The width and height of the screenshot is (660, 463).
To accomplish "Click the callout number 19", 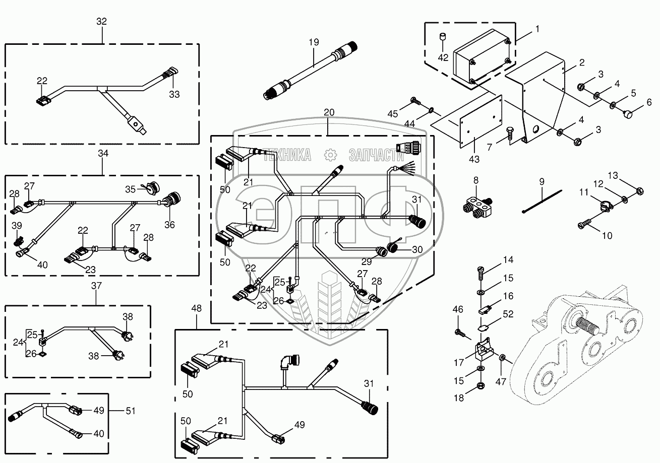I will click(314, 42).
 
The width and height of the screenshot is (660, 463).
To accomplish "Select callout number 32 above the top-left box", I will click(102, 21).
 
